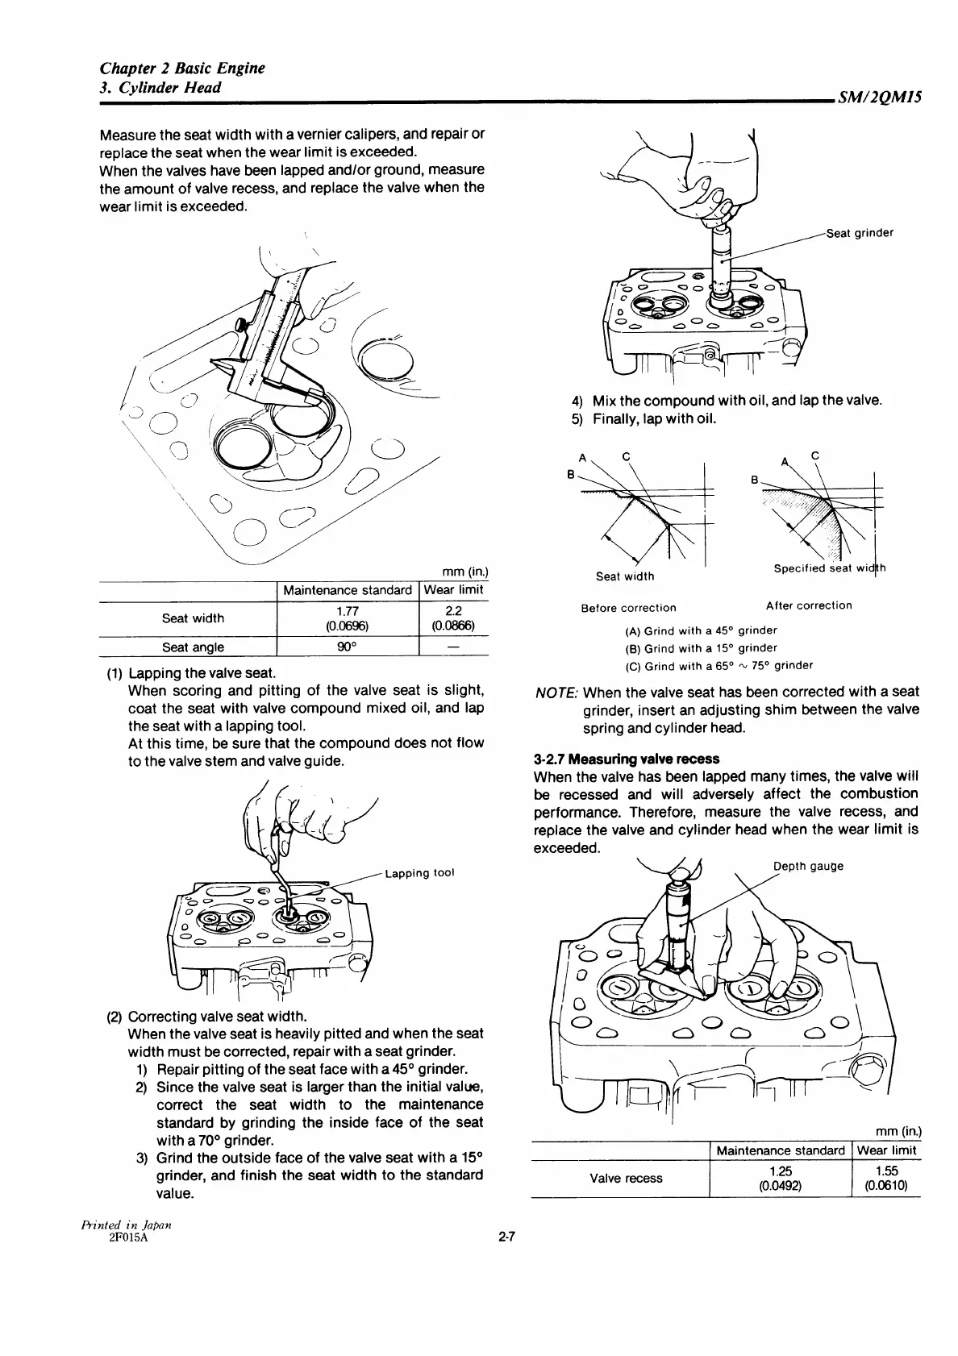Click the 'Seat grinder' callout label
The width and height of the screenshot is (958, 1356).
pyautogui.click(x=860, y=234)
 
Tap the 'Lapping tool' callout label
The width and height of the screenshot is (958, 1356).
pyautogui.click(x=420, y=873)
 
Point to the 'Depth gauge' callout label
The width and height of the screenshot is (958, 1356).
pyautogui.click(x=808, y=866)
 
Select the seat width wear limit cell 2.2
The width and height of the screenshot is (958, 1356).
pyautogui.click(x=453, y=611)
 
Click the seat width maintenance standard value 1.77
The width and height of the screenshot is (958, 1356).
pyautogui.click(x=348, y=611)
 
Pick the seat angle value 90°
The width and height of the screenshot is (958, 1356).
pyautogui.click(x=348, y=647)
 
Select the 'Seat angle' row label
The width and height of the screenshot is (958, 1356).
pyautogui.click(x=193, y=647)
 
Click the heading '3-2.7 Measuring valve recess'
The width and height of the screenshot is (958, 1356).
pyautogui.click(x=627, y=759)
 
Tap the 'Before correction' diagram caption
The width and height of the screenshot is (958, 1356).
pyautogui.click(x=628, y=608)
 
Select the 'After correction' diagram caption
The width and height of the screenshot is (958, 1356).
pyautogui.click(x=808, y=605)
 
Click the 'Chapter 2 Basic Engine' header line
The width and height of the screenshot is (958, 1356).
pyautogui.click(x=182, y=68)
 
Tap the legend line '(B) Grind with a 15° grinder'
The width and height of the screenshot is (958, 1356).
pyautogui.click(x=701, y=648)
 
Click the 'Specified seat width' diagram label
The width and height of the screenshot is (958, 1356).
pyautogui.click(x=829, y=568)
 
